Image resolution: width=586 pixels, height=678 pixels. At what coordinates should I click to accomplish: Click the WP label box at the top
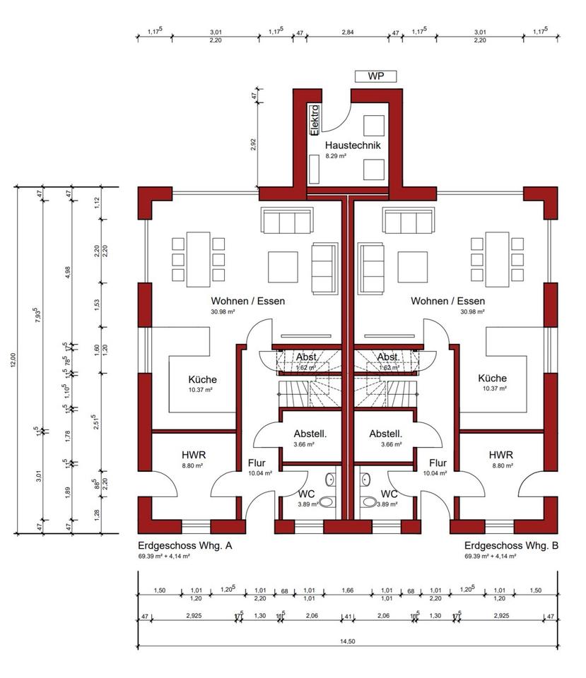375,76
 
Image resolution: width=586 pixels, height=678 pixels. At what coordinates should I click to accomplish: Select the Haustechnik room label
353,145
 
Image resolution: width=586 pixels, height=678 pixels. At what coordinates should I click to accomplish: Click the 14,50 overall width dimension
348,641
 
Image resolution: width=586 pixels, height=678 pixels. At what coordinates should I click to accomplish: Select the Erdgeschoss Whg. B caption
512,546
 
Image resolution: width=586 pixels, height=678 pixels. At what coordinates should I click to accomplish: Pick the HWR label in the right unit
500,455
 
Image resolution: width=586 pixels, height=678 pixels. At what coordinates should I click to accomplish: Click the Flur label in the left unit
256,463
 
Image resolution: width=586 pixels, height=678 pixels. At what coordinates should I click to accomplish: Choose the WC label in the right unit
389,494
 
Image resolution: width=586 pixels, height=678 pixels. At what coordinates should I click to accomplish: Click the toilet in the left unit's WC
327,503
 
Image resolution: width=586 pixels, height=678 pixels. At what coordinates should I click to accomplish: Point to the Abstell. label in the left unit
310,434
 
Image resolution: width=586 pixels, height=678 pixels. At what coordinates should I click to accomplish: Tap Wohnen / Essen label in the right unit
447,301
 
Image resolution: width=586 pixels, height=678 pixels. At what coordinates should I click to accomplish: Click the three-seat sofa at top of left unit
286,221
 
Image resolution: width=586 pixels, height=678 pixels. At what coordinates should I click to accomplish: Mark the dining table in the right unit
497,259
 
